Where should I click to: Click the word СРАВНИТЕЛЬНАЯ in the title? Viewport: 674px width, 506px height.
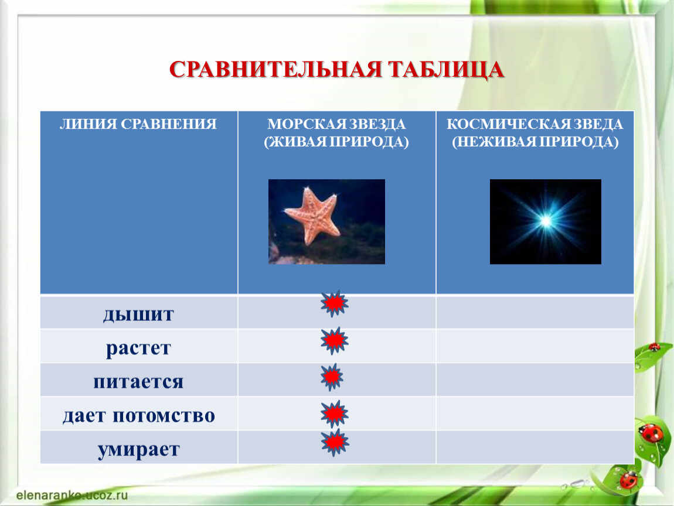click(275, 69)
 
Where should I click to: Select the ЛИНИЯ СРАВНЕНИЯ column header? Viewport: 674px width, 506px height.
click(138, 124)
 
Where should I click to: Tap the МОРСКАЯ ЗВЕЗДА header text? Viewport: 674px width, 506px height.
click(336, 124)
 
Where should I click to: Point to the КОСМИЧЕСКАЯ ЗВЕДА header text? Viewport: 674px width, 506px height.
click(535, 124)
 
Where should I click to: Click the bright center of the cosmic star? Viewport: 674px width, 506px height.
click(546, 221)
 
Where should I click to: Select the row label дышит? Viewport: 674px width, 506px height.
click(138, 314)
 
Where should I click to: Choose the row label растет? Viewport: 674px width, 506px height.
click(138, 348)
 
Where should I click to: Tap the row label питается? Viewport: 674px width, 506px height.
click(138, 381)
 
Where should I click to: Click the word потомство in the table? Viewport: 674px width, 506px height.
click(164, 415)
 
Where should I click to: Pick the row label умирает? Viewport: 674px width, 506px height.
click(138, 450)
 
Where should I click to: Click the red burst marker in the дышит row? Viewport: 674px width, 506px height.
click(335, 303)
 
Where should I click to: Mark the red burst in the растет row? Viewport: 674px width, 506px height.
click(335, 341)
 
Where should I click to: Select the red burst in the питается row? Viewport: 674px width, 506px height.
click(332, 377)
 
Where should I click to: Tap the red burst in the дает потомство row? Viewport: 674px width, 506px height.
click(335, 413)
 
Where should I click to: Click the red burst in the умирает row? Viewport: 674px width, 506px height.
click(335, 442)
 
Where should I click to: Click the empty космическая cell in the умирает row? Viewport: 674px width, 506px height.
click(535, 447)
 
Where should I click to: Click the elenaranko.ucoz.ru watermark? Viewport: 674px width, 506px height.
click(72, 495)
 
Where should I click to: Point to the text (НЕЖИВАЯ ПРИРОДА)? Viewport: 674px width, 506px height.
click(535, 142)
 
